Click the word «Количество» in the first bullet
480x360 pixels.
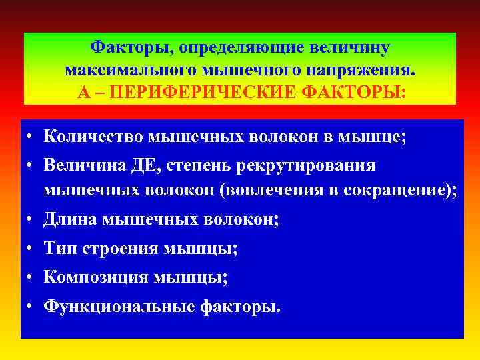coord(93,137)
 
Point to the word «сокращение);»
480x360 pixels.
coord(400,190)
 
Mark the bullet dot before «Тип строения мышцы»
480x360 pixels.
coord(31,249)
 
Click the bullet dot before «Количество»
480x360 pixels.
coord(31,137)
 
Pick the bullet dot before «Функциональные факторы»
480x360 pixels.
coord(31,307)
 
